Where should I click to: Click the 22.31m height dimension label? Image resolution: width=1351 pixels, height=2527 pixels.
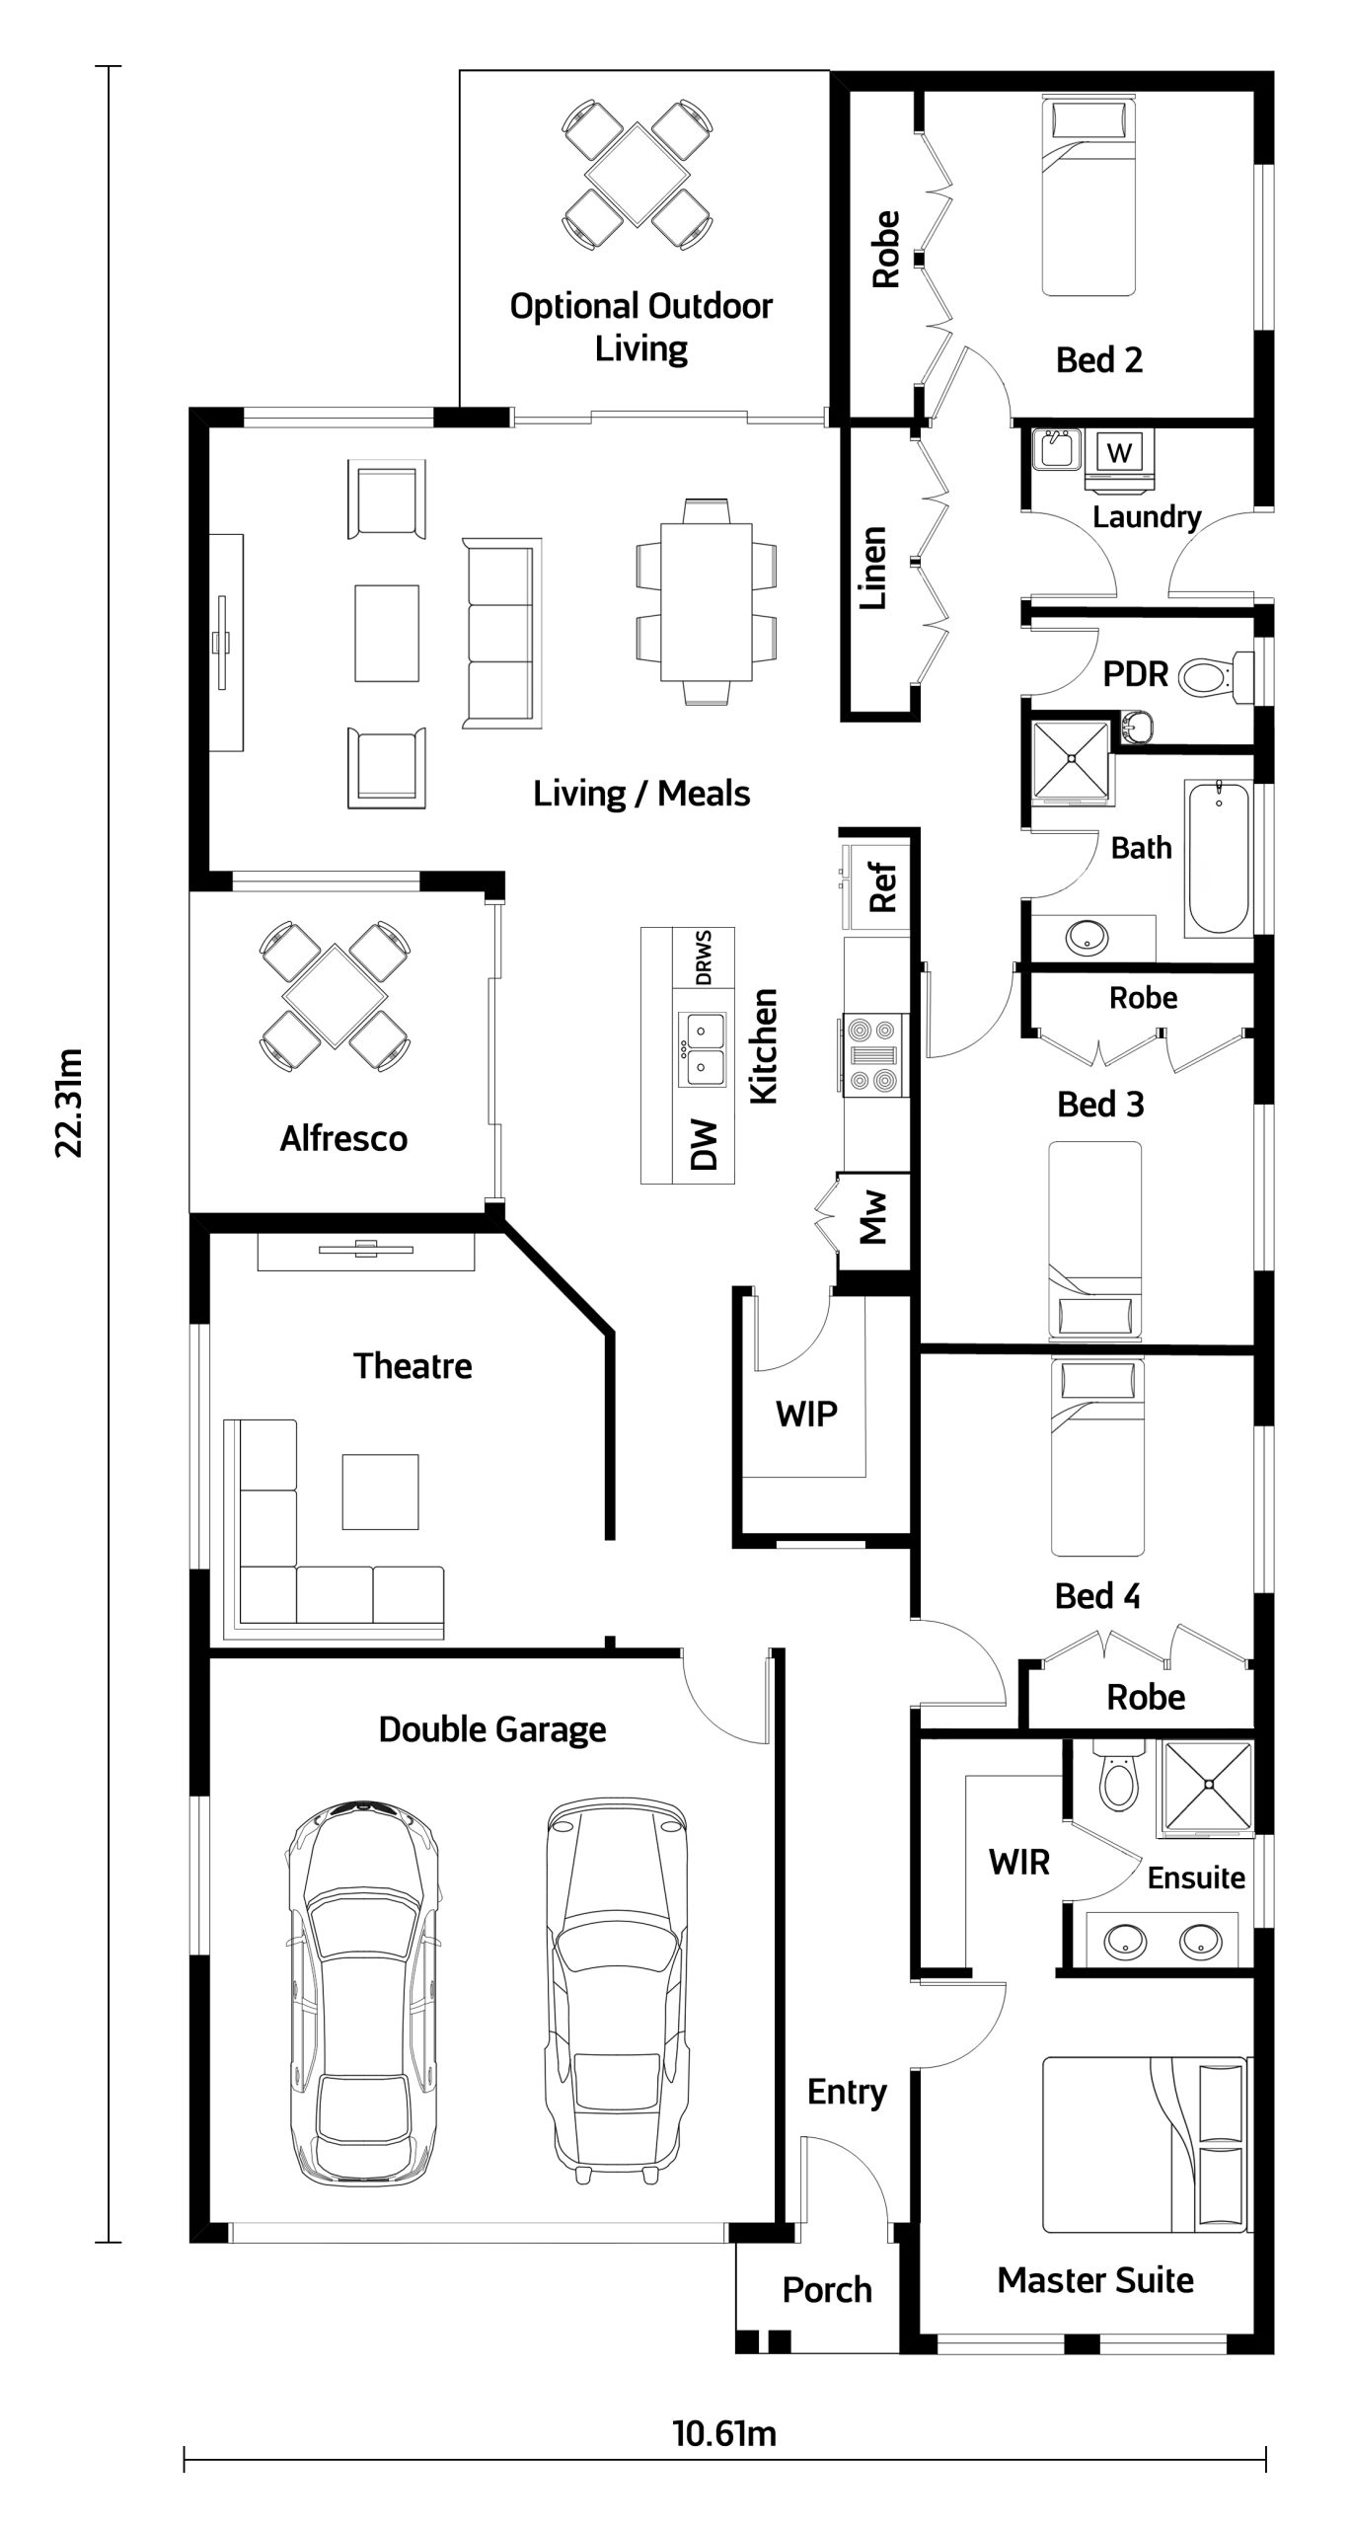point(70,1102)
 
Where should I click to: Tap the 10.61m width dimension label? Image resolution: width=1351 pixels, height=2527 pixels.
point(724,2433)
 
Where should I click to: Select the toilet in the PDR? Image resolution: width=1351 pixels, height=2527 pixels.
point(1215,677)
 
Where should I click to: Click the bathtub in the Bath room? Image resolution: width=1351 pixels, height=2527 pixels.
point(1219,858)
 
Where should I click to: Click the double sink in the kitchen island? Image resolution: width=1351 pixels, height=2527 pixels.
point(702,1050)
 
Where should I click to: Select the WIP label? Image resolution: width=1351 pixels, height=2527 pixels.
point(806,1414)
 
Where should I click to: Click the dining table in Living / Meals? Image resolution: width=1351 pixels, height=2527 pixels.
point(706,602)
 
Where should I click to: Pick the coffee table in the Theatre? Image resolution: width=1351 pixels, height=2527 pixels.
point(380,1492)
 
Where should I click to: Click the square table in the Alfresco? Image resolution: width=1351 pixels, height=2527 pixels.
point(335,996)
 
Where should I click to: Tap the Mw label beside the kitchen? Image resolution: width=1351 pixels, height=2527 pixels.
point(873,1216)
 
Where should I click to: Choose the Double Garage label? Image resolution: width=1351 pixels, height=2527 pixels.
point(492,1729)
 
